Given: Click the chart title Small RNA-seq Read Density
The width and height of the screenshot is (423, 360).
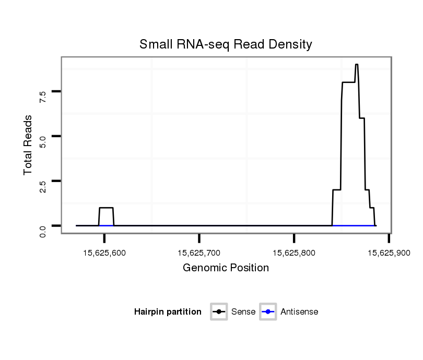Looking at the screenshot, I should coord(226,44).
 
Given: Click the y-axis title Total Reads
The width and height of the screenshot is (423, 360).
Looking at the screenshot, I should coord(28,145).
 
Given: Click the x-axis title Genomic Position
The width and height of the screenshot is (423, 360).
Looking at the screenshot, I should coord(226,268).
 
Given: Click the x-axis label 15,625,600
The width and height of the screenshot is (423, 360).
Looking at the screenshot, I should coord(104,253).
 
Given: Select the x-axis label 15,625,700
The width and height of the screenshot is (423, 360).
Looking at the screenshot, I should coord(199,253).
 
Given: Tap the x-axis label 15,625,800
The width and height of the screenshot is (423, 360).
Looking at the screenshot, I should coord(294,253).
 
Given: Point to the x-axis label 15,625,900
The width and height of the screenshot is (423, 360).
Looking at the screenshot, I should coord(389,253).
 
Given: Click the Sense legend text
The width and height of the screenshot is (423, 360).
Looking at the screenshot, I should coord(244,312).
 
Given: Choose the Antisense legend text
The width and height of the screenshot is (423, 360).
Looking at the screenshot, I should coord(299,312).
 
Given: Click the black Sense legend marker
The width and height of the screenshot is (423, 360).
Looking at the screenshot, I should coord(219,312).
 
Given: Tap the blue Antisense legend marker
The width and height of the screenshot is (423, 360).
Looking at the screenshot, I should coord(268,312).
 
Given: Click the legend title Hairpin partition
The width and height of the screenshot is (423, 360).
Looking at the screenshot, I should coord(168,312).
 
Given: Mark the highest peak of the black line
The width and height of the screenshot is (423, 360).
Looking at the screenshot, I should coord(356,65).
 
